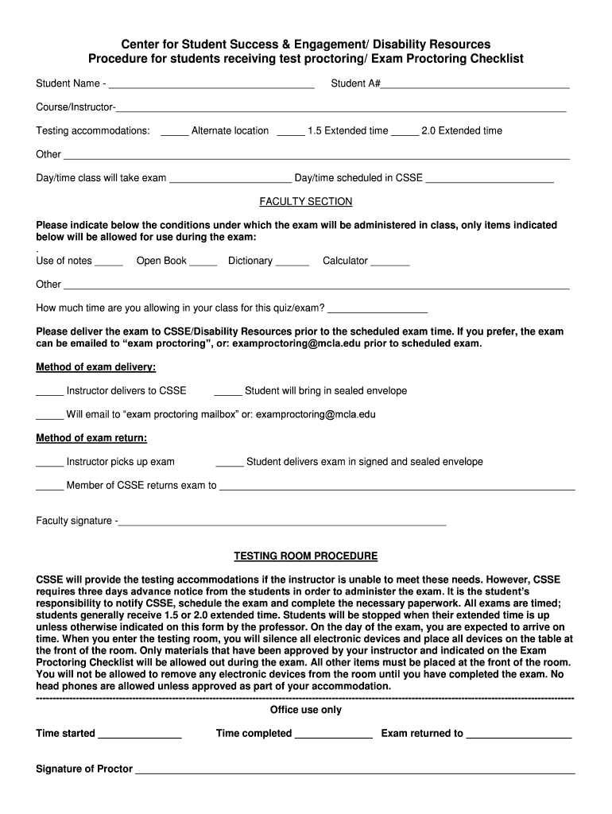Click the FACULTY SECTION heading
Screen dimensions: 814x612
point(306,202)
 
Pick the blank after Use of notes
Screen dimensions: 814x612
point(109,263)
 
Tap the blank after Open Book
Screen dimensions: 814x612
point(203,263)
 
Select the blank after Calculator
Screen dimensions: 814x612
point(390,263)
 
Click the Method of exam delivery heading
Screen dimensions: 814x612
point(96,367)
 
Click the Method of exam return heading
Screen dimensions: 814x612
point(91,438)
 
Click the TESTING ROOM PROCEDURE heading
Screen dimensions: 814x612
point(306,556)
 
